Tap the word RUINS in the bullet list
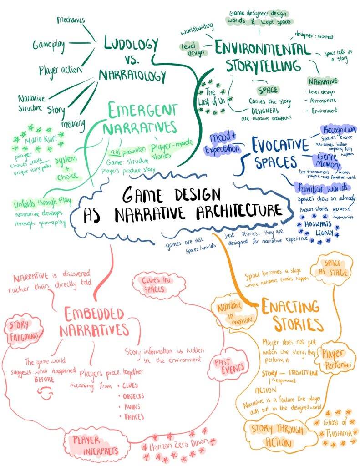coord(132,406)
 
